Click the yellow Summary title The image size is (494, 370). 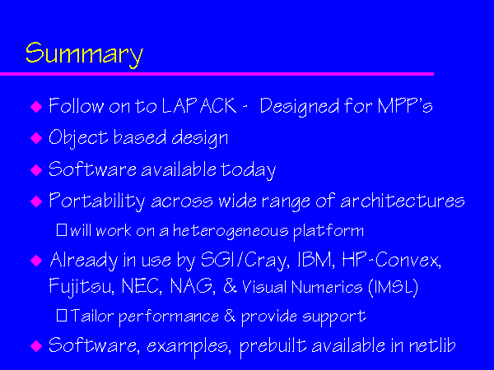pos(84,55)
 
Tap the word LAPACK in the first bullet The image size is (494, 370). pos(199,105)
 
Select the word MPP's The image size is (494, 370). pos(405,105)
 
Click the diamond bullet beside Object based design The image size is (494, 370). pos(36,138)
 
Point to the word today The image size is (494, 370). pos(248,170)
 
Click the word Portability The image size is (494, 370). pos(96,201)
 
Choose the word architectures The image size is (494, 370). pos(403,201)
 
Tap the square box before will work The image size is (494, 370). pos(62,229)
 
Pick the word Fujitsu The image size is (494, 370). pos(82,287)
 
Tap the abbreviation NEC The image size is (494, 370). pos(142,286)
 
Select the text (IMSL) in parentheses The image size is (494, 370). pos(394,287)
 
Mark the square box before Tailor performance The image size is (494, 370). pos(62,315)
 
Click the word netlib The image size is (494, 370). pos(432,345)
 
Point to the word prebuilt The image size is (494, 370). pos(273,346)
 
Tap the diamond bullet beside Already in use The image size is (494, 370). pos(36,261)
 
